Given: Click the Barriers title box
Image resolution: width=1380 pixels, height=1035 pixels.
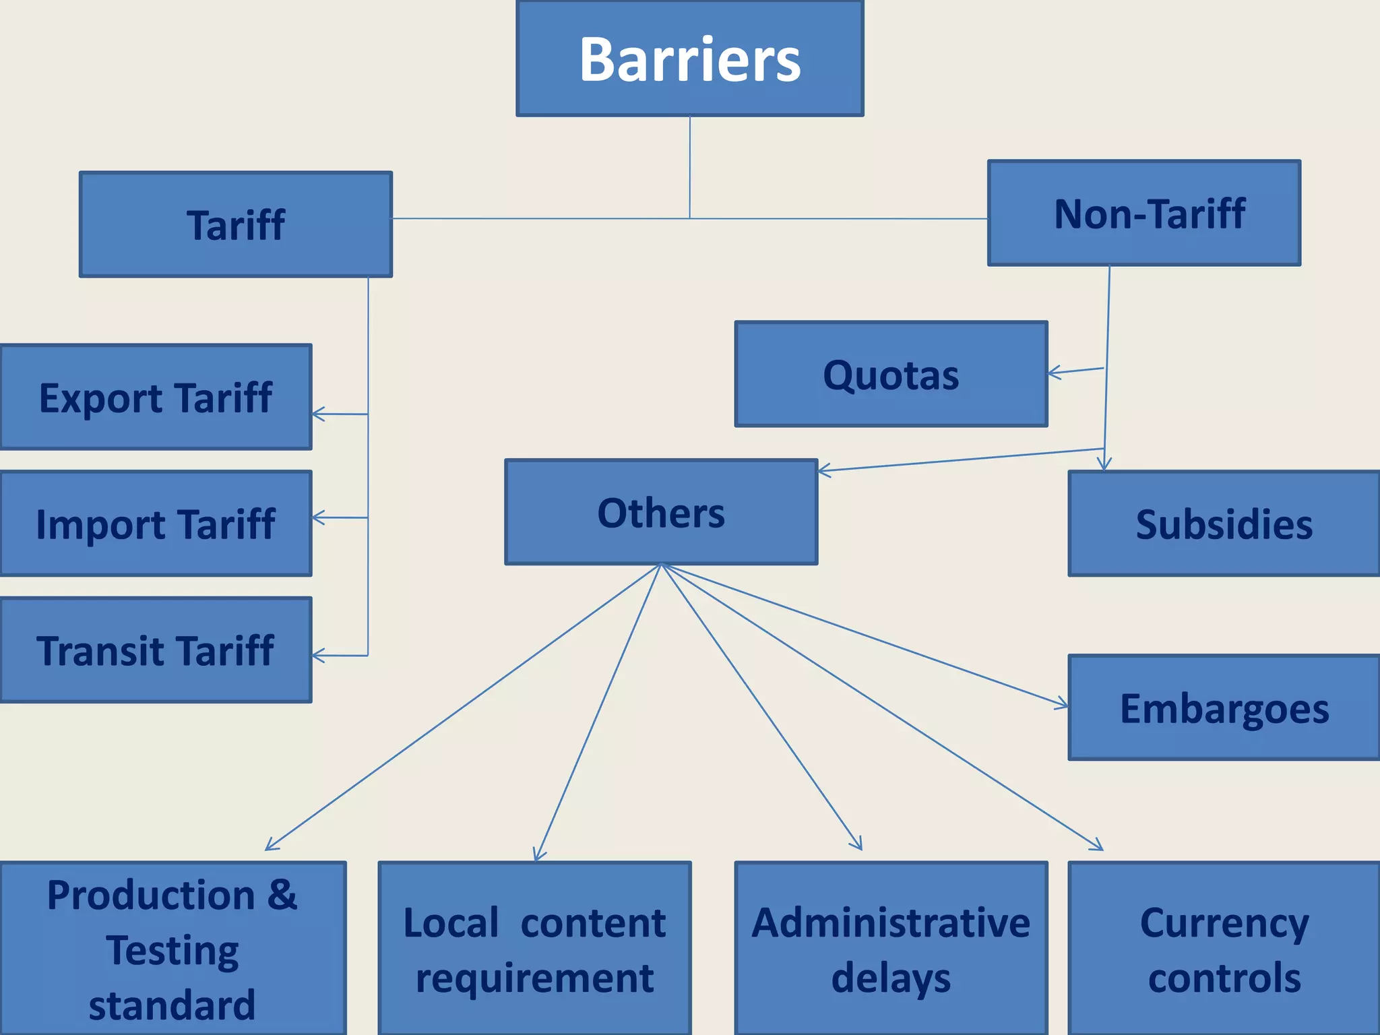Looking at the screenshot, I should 690,59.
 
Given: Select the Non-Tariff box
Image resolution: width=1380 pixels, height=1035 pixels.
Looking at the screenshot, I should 1144,213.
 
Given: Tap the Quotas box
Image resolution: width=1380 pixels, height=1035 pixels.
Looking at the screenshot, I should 891,375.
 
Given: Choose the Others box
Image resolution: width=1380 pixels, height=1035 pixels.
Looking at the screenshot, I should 661,513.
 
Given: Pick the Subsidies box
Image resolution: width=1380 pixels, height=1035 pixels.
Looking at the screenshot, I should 1224,524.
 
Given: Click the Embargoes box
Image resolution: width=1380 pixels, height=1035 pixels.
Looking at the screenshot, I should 1224,708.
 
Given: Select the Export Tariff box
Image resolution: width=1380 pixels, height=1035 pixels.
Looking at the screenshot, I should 156,398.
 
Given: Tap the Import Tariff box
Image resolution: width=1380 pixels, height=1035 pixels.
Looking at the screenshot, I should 156,524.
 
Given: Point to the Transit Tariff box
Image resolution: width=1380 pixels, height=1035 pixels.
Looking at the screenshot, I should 156,651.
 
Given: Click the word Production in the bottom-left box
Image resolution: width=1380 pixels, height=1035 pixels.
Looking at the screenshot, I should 151,896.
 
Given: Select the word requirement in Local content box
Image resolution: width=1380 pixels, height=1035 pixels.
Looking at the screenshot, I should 534,978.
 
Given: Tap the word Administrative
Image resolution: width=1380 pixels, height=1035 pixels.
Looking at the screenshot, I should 891,923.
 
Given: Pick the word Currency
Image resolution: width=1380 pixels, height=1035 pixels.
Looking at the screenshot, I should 1224,923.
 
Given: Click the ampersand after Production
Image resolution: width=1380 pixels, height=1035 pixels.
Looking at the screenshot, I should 282,895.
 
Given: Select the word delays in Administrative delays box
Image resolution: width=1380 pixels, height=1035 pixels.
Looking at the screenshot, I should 891,978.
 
